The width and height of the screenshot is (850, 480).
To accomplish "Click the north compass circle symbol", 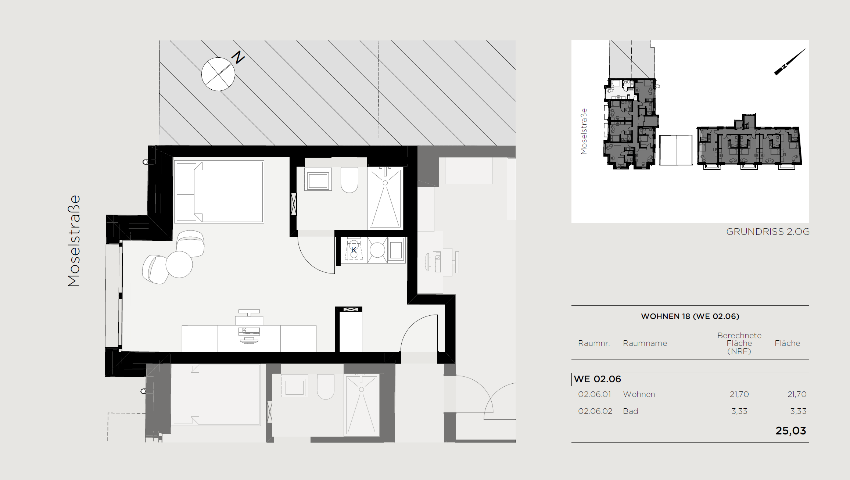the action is click(218, 74).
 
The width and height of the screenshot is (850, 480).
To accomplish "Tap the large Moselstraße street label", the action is click(74, 241).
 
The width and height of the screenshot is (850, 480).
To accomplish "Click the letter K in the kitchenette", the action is click(354, 250).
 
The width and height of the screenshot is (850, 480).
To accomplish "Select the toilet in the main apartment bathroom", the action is click(349, 180).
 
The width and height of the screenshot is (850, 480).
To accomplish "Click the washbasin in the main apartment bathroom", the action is click(318, 179).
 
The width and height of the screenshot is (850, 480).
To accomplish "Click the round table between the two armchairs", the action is click(179, 264).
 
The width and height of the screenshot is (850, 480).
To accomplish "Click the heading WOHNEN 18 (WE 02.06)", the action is click(690, 316).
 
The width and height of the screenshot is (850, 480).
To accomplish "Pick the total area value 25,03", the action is click(791, 431).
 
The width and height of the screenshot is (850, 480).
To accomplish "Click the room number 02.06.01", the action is click(595, 394).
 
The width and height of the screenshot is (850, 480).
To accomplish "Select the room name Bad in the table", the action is click(631, 411).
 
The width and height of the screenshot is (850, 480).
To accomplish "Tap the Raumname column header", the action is click(645, 343).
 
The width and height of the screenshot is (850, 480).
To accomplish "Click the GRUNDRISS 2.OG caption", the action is click(768, 232).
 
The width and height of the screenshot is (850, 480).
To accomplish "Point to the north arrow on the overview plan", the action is click(790, 62).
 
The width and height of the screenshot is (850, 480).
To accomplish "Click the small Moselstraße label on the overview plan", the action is click(584, 131).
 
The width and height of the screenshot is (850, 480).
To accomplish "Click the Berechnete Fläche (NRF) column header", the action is click(739, 343).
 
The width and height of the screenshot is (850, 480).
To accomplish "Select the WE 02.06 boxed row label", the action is click(598, 379).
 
